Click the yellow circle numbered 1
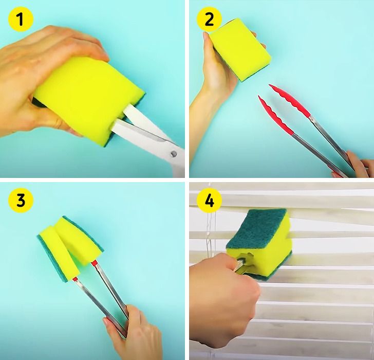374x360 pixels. tap(21, 20)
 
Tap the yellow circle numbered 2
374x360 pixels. tap(209, 20)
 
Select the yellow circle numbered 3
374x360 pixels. tap(21, 200)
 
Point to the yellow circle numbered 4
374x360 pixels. tap(209, 200)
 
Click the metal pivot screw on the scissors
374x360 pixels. tap(174, 154)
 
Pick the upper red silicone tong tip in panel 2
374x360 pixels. tap(289, 100)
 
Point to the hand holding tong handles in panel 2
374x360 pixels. tap(354, 165)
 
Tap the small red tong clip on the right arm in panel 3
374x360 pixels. tap(94, 263)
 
